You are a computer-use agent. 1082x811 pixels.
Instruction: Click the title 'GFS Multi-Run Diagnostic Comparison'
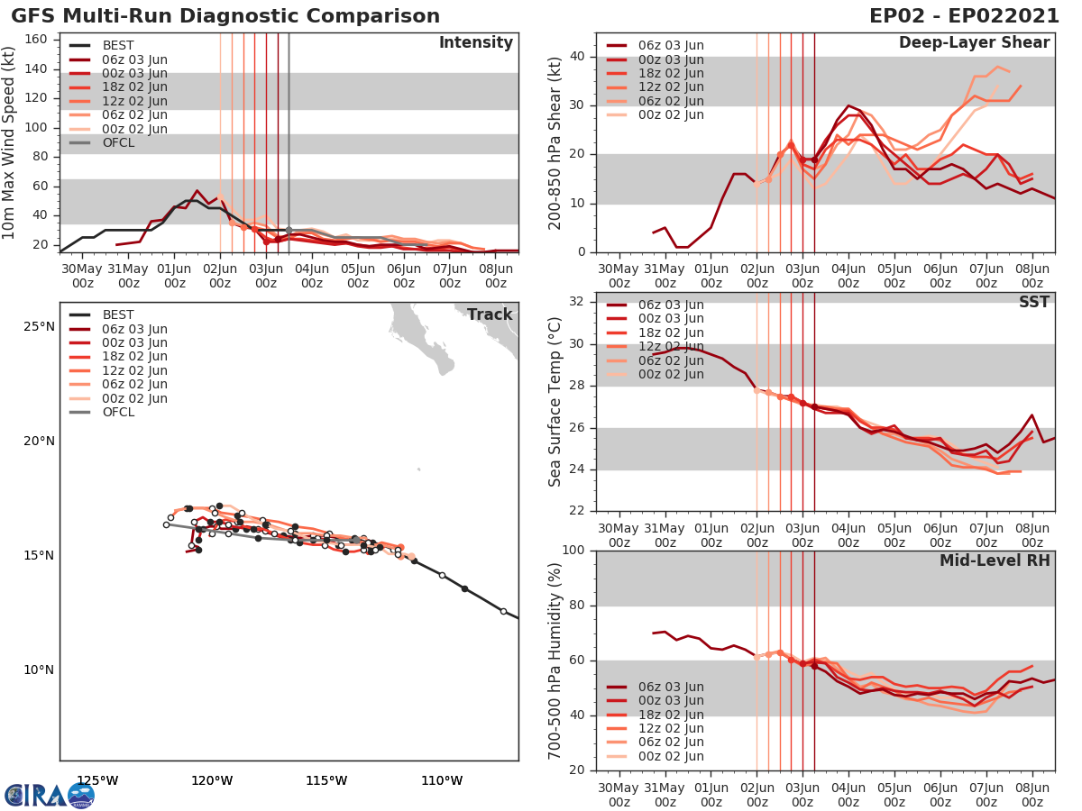(x=225, y=16)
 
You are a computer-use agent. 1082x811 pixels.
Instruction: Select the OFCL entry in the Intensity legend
(x=117, y=143)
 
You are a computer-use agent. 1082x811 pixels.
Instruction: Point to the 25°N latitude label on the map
(x=39, y=326)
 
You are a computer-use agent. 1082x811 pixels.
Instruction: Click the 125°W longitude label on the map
(x=97, y=780)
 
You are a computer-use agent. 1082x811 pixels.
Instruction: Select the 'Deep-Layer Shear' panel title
(x=974, y=43)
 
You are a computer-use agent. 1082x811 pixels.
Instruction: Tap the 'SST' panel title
(x=1033, y=303)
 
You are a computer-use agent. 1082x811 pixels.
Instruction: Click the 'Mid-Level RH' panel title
(x=995, y=561)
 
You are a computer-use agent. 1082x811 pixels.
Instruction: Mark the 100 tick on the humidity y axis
(x=574, y=551)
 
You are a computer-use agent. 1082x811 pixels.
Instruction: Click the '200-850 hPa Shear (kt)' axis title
(x=555, y=144)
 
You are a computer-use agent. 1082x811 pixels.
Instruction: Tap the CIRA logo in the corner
(x=49, y=795)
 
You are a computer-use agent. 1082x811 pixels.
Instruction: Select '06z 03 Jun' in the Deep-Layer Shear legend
(x=667, y=46)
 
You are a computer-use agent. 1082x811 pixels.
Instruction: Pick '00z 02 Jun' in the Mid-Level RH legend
(x=667, y=756)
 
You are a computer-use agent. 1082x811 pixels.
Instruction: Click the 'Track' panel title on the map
(x=489, y=314)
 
